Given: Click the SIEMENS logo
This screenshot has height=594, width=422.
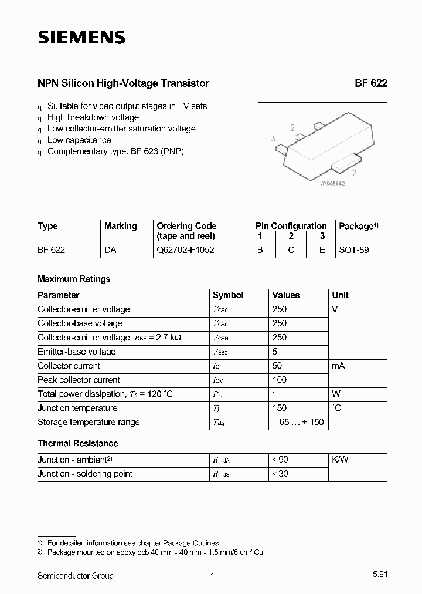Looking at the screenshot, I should point(81,38).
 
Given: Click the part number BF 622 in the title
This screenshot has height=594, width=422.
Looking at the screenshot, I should point(370,83).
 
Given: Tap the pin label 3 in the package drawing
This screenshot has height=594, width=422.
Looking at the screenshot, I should point(274,139).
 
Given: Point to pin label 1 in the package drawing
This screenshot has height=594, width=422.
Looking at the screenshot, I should point(312,116).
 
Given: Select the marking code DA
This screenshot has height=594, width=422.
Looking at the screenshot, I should point(110,249).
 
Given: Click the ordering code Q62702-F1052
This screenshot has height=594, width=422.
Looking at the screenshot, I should point(185,249).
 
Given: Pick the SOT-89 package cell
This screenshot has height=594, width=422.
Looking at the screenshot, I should point(354,249).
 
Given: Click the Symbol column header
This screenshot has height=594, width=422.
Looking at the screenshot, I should point(228,295).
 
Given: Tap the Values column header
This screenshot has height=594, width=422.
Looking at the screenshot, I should point(286,295).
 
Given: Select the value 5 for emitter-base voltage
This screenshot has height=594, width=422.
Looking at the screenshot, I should point(275,352).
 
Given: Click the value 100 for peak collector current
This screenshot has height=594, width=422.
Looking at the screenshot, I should point(280,380).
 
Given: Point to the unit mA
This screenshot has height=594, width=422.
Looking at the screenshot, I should point(338,366).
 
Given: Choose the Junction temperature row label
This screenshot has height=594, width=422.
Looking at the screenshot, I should point(77,408).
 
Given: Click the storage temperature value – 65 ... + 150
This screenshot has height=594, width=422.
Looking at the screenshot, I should point(298,422).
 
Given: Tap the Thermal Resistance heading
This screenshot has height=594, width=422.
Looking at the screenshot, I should point(77,443).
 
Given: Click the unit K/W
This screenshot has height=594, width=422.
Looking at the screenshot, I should point(340,460).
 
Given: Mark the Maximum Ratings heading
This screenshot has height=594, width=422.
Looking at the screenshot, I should point(74,279).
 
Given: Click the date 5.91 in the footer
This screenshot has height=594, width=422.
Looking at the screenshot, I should point(379,576).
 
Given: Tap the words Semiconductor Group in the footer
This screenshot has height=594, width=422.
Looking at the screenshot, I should point(76,576).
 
